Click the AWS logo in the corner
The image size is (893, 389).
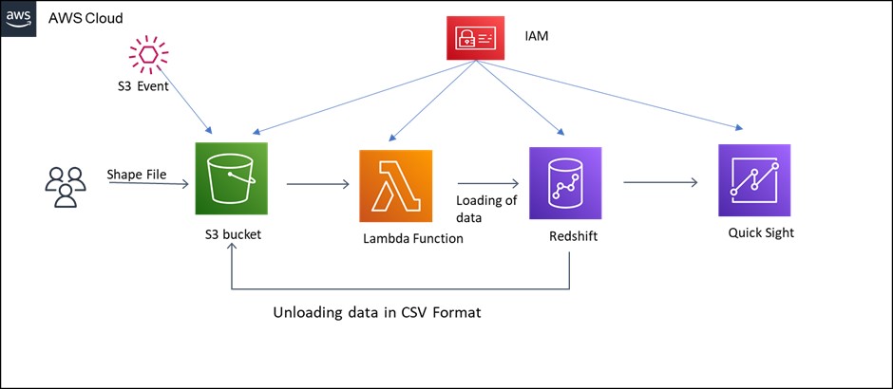tap(18, 18)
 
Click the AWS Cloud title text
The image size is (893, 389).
tap(85, 19)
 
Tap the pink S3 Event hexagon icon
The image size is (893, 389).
tap(147, 54)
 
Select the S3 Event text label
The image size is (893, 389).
tap(138, 86)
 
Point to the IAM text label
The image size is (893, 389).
tap(537, 37)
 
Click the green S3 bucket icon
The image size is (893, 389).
tap(231, 178)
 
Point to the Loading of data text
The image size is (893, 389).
tap(486, 208)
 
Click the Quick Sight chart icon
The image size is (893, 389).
tap(754, 180)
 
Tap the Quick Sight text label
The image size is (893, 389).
tap(761, 232)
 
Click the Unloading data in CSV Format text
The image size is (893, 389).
tap(377, 313)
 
